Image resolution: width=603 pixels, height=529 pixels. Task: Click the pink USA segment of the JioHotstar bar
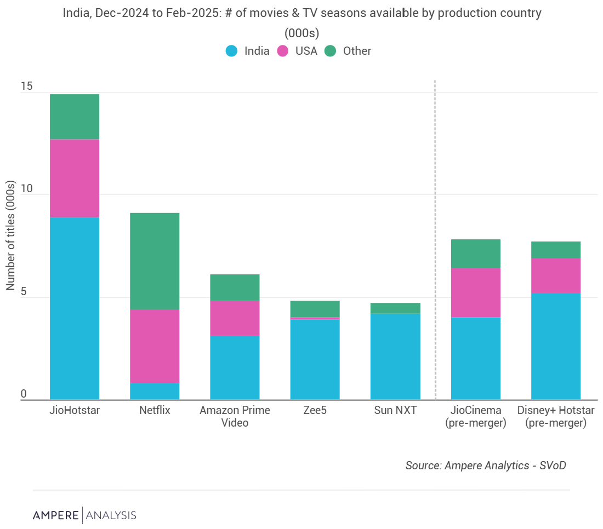click(75, 178)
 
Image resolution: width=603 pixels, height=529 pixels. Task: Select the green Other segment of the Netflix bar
click(155, 261)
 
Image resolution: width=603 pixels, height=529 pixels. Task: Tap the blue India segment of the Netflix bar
click(155, 391)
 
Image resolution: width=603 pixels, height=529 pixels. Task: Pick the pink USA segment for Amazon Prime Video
click(235, 318)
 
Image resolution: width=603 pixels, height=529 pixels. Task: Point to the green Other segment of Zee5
click(315, 308)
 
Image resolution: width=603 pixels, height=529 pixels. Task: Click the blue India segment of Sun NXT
click(395, 356)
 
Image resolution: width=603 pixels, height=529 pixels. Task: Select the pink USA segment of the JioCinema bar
click(475, 292)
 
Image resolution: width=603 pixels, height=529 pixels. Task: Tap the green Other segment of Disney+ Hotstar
click(556, 250)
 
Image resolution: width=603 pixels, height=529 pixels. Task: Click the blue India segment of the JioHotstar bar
click(75, 308)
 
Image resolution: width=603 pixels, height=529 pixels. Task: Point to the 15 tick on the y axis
click(27, 87)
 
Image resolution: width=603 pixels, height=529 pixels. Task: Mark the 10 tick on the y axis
click(27, 189)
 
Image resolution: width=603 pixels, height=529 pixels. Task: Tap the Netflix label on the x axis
click(155, 410)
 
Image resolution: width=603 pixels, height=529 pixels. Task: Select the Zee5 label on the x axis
click(315, 410)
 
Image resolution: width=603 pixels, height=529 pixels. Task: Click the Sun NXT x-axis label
click(395, 410)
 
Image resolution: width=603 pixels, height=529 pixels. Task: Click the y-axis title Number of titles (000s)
click(10, 235)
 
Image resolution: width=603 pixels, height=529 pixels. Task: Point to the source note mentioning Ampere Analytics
click(485, 465)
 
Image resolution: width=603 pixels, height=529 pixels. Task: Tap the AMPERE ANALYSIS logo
click(84, 515)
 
